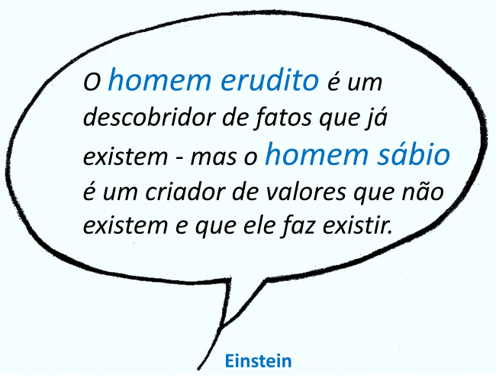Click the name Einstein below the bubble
click(258, 361)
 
